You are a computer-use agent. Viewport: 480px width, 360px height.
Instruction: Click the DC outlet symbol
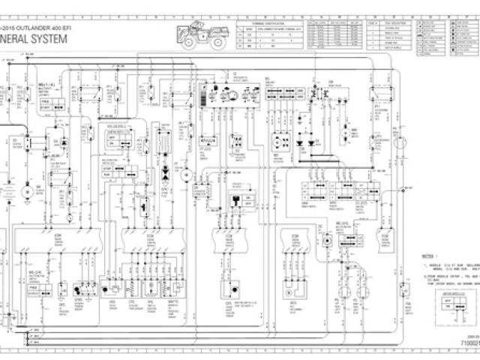(x=328, y=240)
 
